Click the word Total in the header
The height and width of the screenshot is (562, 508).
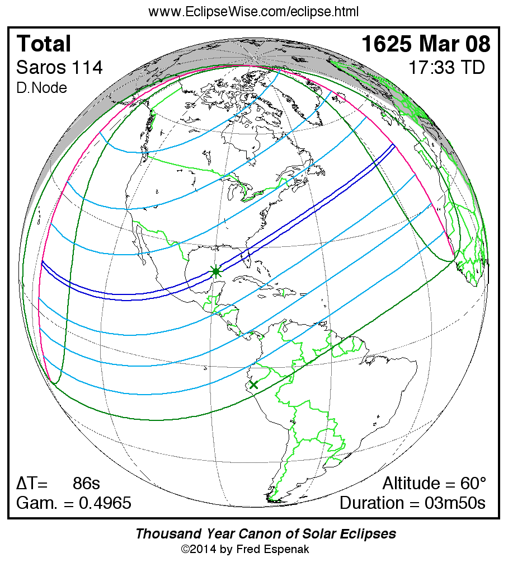[44, 44]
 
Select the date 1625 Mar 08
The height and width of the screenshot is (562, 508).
[426, 44]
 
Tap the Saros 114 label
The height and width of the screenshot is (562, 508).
[59, 68]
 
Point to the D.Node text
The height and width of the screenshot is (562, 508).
[41, 88]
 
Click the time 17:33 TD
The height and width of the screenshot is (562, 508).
[446, 68]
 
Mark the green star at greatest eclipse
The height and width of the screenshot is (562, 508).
[216, 271]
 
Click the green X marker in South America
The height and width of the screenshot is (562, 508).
[253, 385]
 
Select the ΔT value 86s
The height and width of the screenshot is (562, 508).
[86, 483]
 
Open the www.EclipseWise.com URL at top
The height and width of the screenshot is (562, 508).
[253, 12]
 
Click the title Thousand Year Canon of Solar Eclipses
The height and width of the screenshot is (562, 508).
[265, 533]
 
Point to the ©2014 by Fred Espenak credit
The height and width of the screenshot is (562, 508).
[245, 549]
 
